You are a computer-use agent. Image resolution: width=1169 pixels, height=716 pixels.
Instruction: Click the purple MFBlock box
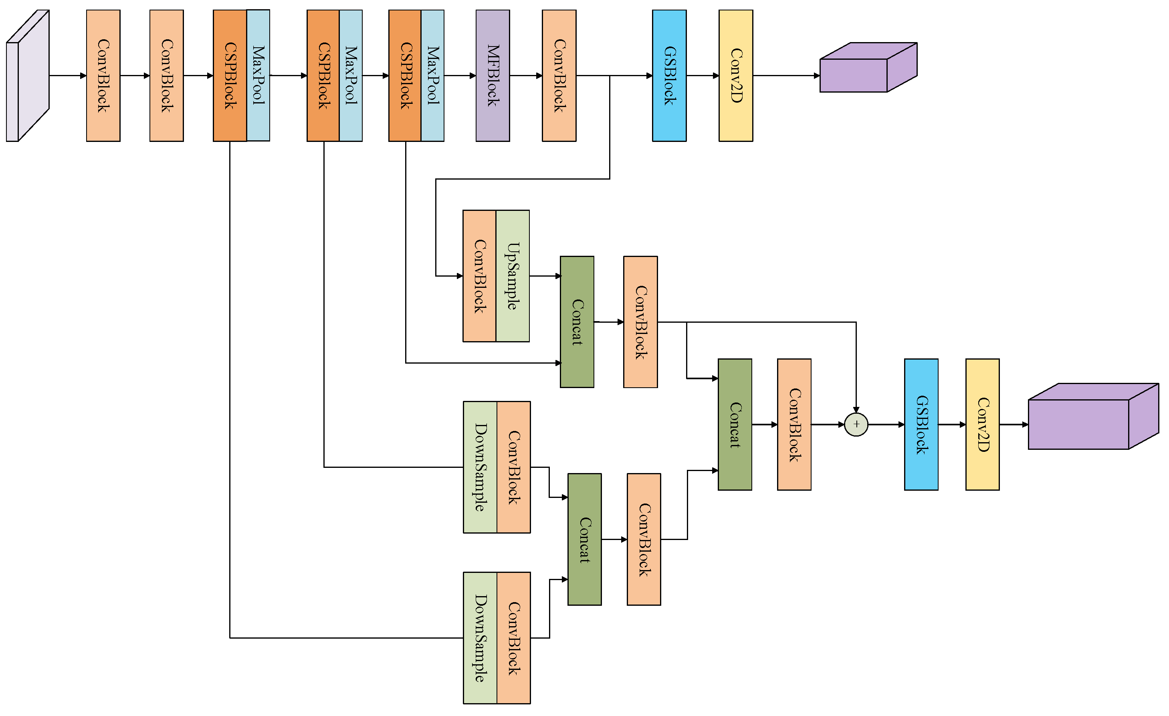pyautogui.click(x=493, y=76)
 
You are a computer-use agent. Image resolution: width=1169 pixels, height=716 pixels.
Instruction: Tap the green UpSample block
pyautogui.click(x=513, y=276)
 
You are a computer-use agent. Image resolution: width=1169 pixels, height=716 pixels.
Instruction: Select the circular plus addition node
pyautogui.click(x=856, y=424)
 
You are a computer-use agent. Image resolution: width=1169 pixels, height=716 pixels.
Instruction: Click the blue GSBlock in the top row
pyautogui.click(x=669, y=76)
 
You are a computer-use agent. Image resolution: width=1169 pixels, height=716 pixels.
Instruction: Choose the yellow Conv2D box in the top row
pyautogui.click(x=735, y=76)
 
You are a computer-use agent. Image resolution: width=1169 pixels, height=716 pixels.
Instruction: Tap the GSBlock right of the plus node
pyautogui.click(x=921, y=424)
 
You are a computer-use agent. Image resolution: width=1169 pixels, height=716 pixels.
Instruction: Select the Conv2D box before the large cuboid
pyautogui.click(x=982, y=424)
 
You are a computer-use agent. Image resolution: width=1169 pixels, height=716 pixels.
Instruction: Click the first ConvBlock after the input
pyautogui.click(x=103, y=76)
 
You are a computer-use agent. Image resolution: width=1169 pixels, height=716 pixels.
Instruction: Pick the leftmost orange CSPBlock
pyautogui.click(x=230, y=76)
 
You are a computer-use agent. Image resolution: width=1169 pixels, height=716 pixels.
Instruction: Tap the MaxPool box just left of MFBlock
pyautogui.click(x=432, y=76)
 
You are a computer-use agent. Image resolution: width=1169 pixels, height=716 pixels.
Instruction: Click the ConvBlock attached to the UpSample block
pyautogui.click(x=479, y=276)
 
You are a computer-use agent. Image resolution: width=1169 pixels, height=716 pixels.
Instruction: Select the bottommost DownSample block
pyautogui.click(x=480, y=638)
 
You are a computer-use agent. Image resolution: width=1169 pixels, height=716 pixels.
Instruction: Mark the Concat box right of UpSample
pyautogui.click(x=577, y=322)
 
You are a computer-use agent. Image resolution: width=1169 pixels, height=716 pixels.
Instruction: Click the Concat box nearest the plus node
pyautogui.click(x=735, y=424)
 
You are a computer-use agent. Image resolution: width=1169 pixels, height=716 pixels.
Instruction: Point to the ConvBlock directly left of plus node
pyautogui.click(x=794, y=424)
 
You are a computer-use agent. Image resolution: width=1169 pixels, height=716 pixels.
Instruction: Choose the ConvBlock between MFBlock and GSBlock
pyautogui.click(x=559, y=76)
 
